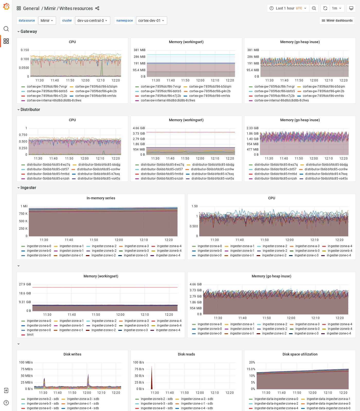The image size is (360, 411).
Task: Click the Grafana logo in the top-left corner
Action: (x=6, y=7)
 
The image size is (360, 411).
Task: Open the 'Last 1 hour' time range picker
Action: (x=288, y=8)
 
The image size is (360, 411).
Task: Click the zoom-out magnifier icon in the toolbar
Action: (x=314, y=8)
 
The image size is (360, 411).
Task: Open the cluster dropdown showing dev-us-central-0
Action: (x=92, y=21)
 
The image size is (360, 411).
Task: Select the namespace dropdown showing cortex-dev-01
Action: (x=151, y=21)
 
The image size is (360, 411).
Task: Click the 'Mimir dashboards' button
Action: (x=337, y=21)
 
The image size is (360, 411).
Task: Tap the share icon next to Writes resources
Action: (x=97, y=8)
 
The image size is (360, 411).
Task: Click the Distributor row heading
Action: (x=30, y=109)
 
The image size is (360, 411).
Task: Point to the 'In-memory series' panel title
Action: (x=101, y=198)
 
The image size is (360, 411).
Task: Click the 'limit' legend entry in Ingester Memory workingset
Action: (x=30, y=335)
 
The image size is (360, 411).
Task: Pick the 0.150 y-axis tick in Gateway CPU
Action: (x=25, y=50)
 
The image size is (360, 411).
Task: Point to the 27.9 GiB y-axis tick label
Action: (x=25, y=284)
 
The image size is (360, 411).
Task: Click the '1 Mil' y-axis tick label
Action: (x=24, y=206)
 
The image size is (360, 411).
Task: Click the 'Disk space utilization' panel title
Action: (x=300, y=354)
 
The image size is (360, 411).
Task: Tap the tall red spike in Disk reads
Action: (x=152, y=378)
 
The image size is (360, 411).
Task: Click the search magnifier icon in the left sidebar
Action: (x=6, y=29)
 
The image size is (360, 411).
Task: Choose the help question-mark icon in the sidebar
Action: (x=6, y=403)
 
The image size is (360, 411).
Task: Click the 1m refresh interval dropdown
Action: (x=336, y=8)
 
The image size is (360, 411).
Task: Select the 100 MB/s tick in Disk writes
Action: (x=26, y=362)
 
